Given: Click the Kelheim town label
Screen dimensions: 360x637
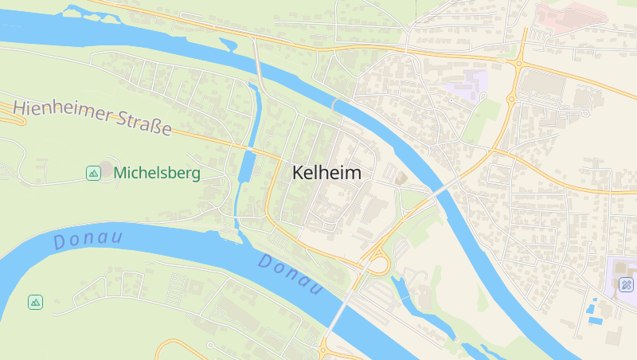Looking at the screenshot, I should (x=326, y=173).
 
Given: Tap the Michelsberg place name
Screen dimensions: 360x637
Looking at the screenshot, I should (x=157, y=172).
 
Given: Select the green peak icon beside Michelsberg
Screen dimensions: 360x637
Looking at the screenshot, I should (x=93, y=172).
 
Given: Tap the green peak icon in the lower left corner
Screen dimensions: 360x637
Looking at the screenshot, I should (x=35, y=302).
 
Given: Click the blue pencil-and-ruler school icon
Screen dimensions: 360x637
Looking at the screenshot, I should (x=627, y=284).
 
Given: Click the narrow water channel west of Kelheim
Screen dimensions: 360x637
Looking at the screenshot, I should (x=245, y=171).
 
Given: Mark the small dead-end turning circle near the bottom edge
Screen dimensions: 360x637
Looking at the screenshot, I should (x=210, y=345).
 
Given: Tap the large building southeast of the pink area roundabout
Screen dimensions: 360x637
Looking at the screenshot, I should (x=546, y=84).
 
